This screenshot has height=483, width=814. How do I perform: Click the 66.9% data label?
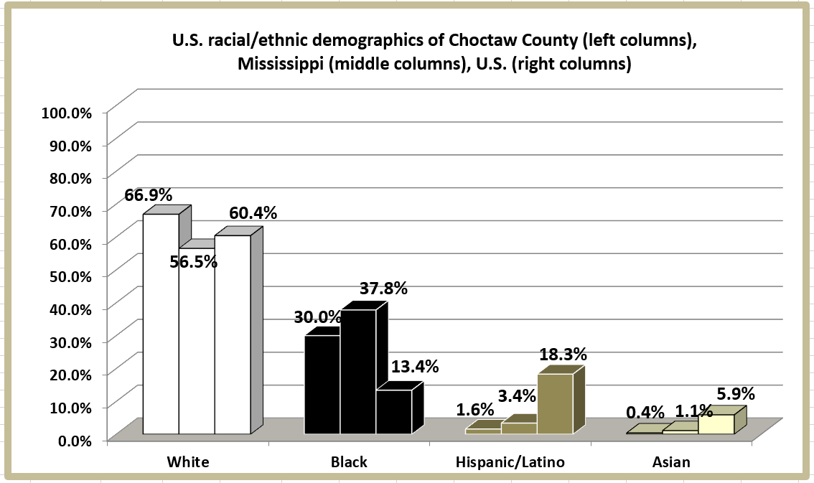(x=148, y=195)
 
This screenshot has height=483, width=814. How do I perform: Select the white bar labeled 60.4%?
(x=233, y=334)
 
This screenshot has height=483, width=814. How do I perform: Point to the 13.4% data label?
(x=414, y=367)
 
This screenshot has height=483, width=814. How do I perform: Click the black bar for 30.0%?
(x=322, y=384)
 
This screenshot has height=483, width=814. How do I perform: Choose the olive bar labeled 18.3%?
(x=555, y=403)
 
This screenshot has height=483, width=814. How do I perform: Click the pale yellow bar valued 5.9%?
(x=716, y=424)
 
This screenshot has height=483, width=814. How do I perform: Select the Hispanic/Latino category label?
(x=510, y=462)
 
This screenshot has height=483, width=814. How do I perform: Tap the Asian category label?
(x=671, y=462)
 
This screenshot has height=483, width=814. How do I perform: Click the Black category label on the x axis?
(x=349, y=462)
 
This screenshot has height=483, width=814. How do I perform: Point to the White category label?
(x=187, y=462)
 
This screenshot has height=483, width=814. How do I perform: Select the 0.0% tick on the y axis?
(x=75, y=440)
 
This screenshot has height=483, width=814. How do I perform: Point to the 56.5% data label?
(x=193, y=262)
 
